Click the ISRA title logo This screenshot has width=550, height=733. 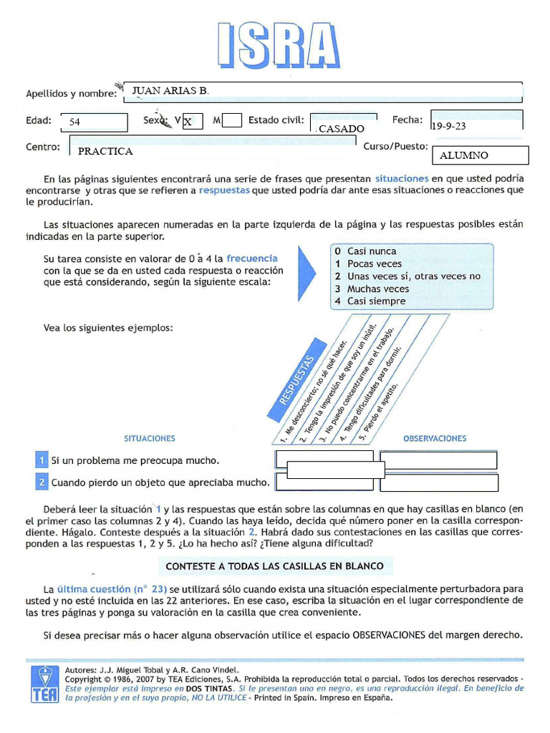(x=277, y=45)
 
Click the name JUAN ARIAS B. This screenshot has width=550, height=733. (x=170, y=91)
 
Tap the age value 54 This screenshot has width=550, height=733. (x=75, y=122)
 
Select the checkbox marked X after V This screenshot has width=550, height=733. (x=191, y=122)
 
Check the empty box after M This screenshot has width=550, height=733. (x=231, y=121)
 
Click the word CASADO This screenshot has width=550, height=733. (x=342, y=129)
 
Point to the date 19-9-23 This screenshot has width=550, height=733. (x=449, y=127)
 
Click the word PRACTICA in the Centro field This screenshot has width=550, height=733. (x=105, y=152)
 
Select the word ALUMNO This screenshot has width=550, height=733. (x=464, y=155)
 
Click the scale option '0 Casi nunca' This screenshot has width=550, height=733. (x=365, y=251)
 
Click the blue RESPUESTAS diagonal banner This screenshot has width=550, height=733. (x=291, y=387)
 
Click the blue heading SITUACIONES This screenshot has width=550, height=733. (x=149, y=439)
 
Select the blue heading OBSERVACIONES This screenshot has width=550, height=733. (x=435, y=439)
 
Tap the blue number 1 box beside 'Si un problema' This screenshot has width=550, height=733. (x=42, y=460)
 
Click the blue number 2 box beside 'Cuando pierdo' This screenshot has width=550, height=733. (x=42, y=482)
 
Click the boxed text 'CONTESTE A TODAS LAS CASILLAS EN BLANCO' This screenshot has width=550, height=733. (x=275, y=566)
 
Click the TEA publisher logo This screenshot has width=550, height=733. (x=44, y=684)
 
